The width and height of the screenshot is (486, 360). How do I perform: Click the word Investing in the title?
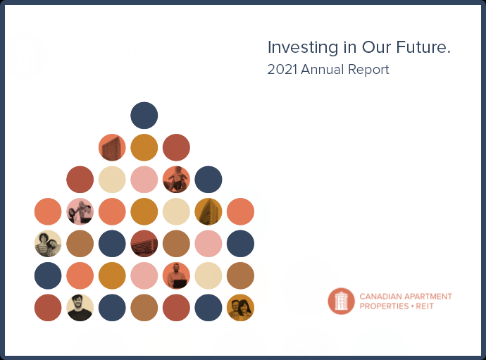coord(302,48)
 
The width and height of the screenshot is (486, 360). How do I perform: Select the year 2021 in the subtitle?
coord(282,70)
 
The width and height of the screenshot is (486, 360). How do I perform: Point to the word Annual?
coord(323,70)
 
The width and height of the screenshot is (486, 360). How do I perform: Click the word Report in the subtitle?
coord(368,70)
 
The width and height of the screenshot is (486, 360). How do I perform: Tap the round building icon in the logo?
coord(341,301)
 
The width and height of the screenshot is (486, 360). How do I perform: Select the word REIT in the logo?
coord(425,306)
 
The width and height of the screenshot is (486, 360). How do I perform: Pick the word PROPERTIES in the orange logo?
coord(384,306)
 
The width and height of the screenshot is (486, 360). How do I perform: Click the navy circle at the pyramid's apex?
coord(144,116)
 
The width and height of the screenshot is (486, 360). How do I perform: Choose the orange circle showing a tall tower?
coord(112,147)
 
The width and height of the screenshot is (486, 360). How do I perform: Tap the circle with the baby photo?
coord(176,180)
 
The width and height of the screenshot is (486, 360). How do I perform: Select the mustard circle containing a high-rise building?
coord(208,211)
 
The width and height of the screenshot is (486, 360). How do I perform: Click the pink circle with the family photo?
coord(80,211)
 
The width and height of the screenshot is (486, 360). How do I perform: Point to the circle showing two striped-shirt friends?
coord(48,244)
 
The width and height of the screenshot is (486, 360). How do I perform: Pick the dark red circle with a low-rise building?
coord(144,244)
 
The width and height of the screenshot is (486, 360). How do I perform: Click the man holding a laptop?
coord(176,275)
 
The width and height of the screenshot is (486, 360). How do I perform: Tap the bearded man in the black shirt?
coord(80,308)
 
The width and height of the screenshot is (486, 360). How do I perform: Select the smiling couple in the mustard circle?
coord(240,308)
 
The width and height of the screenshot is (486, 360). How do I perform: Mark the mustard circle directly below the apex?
coord(144,147)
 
